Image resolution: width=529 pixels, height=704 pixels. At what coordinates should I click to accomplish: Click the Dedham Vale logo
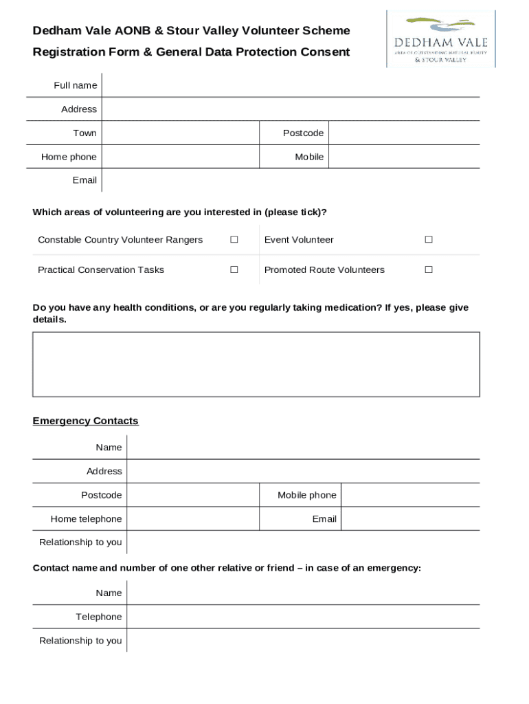(440, 39)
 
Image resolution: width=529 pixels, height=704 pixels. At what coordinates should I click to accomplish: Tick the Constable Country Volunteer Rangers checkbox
(234, 239)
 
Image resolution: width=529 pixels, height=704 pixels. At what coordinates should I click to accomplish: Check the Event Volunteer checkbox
(428, 239)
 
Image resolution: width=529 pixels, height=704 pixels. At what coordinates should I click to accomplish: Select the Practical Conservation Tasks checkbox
(234, 269)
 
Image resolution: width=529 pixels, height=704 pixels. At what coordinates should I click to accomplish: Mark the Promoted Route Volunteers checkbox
(428, 269)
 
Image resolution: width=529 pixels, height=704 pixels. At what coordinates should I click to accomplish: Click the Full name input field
(290, 85)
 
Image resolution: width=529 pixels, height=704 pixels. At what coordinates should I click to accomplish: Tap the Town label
(85, 133)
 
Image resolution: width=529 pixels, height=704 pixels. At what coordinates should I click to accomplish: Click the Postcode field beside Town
(403, 133)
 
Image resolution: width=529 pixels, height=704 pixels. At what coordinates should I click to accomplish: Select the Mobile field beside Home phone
(403, 157)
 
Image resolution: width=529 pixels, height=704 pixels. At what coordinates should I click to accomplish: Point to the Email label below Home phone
(85, 180)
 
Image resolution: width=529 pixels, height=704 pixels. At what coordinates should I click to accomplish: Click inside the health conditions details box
(256, 364)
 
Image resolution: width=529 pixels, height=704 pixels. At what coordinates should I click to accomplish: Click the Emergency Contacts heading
(85, 421)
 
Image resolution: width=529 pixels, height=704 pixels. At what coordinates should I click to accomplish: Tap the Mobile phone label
(306, 495)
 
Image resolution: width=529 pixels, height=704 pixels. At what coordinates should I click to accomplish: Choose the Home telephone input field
(192, 519)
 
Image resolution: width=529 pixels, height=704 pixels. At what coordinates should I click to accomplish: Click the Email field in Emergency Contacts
(409, 519)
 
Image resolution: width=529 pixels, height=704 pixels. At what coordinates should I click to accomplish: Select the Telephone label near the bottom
(98, 617)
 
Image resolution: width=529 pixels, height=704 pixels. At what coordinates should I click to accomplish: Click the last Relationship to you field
(302, 641)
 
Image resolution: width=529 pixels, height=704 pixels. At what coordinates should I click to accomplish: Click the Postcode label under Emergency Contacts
(101, 495)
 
